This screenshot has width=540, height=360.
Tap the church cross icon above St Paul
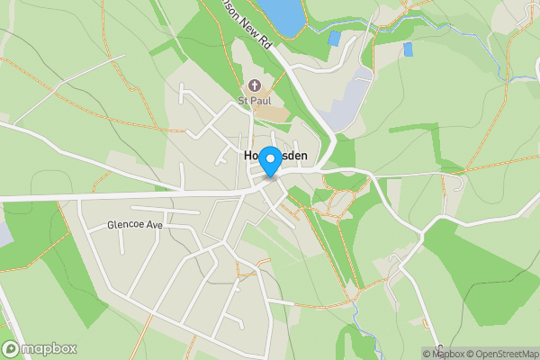pos(255,86)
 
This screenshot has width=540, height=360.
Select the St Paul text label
pos(255,100)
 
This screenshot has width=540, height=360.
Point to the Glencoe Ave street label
pos(134,224)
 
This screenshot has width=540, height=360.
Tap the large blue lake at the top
pos(281,14)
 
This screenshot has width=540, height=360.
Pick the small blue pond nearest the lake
pos(335,39)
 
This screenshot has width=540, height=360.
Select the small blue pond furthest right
pos(408,49)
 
